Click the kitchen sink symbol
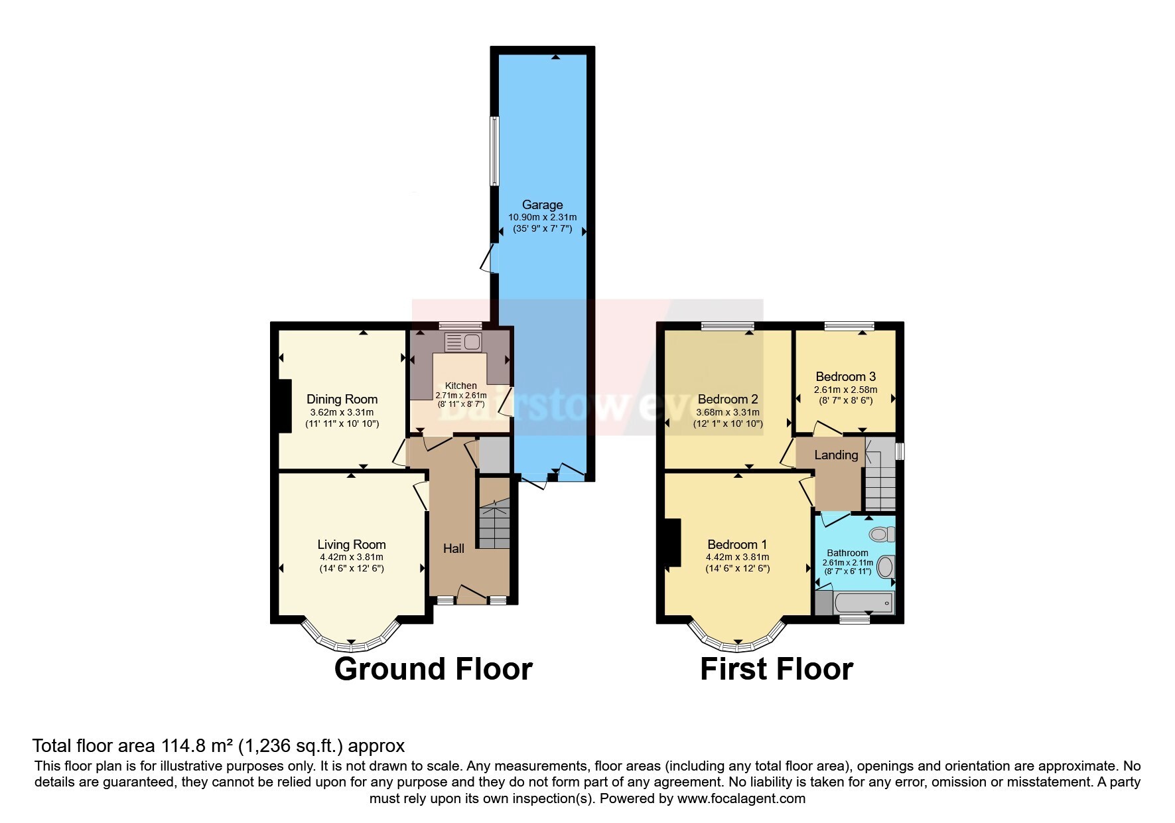[x=463, y=342]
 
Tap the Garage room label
[x=542, y=205]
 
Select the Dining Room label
[x=342, y=399]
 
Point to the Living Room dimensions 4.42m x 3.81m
[x=351, y=557]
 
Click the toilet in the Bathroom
[x=882, y=534]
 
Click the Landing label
[x=836, y=455]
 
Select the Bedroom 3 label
[x=846, y=376]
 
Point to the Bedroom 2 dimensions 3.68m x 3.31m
[x=728, y=412]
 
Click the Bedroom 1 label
[x=737, y=544]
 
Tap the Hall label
[x=454, y=548]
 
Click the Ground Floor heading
[x=433, y=669]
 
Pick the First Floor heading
[x=776, y=669]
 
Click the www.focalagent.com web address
[x=741, y=798]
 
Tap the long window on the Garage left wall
[x=494, y=151]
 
